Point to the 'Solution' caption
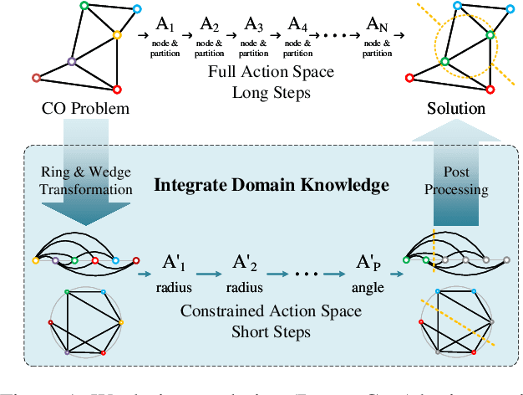coord(455,109)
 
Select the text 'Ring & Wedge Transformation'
coord(87,182)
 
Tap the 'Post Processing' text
coord(455,182)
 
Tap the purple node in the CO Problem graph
coord(72,61)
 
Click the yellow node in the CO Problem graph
coord(118,35)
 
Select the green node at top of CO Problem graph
coord(83,7)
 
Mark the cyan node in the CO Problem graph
coord(138,10)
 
